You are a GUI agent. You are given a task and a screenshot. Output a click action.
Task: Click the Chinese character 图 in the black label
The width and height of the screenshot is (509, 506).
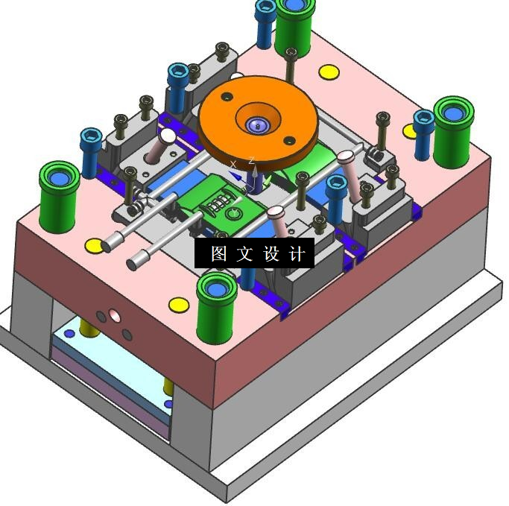(219, 253)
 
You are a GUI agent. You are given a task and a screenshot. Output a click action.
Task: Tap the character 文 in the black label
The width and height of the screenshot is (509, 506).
(244, 253)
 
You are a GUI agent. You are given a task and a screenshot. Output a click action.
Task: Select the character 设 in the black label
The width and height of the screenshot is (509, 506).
(271, 253)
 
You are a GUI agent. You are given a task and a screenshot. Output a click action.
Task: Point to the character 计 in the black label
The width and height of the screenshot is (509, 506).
(297, 253)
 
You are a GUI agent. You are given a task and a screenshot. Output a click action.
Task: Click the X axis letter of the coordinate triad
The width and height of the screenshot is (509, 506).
(233, 164)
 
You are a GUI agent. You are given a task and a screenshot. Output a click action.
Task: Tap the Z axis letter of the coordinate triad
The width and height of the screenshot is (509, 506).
(251, 160)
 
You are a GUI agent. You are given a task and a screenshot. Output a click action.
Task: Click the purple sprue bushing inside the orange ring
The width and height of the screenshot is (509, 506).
(257, 125)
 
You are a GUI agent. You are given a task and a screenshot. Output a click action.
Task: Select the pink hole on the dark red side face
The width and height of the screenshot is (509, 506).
(114, 315)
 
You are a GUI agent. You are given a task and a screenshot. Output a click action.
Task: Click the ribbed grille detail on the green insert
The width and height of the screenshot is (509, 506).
(219, 203)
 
